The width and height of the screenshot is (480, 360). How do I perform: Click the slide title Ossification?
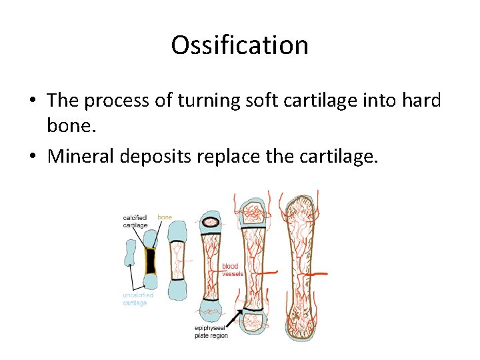tap(239, 45)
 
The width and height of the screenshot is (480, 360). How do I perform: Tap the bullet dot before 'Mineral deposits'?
tap(32, 157)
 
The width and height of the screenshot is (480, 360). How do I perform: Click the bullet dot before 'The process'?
tap(32, 101)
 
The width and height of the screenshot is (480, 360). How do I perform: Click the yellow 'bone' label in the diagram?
tap(165, 217)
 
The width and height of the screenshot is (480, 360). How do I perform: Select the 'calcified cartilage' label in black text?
tap(135, 221)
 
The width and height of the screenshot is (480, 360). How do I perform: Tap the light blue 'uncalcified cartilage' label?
tap(137, 299)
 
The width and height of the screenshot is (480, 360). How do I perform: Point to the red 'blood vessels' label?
tap(232, 270)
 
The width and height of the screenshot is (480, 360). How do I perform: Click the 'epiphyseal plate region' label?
tap(211, 331)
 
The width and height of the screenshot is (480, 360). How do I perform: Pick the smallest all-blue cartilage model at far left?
tap(131, 254)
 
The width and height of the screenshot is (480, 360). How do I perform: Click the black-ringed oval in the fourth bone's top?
tap(212, 222)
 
